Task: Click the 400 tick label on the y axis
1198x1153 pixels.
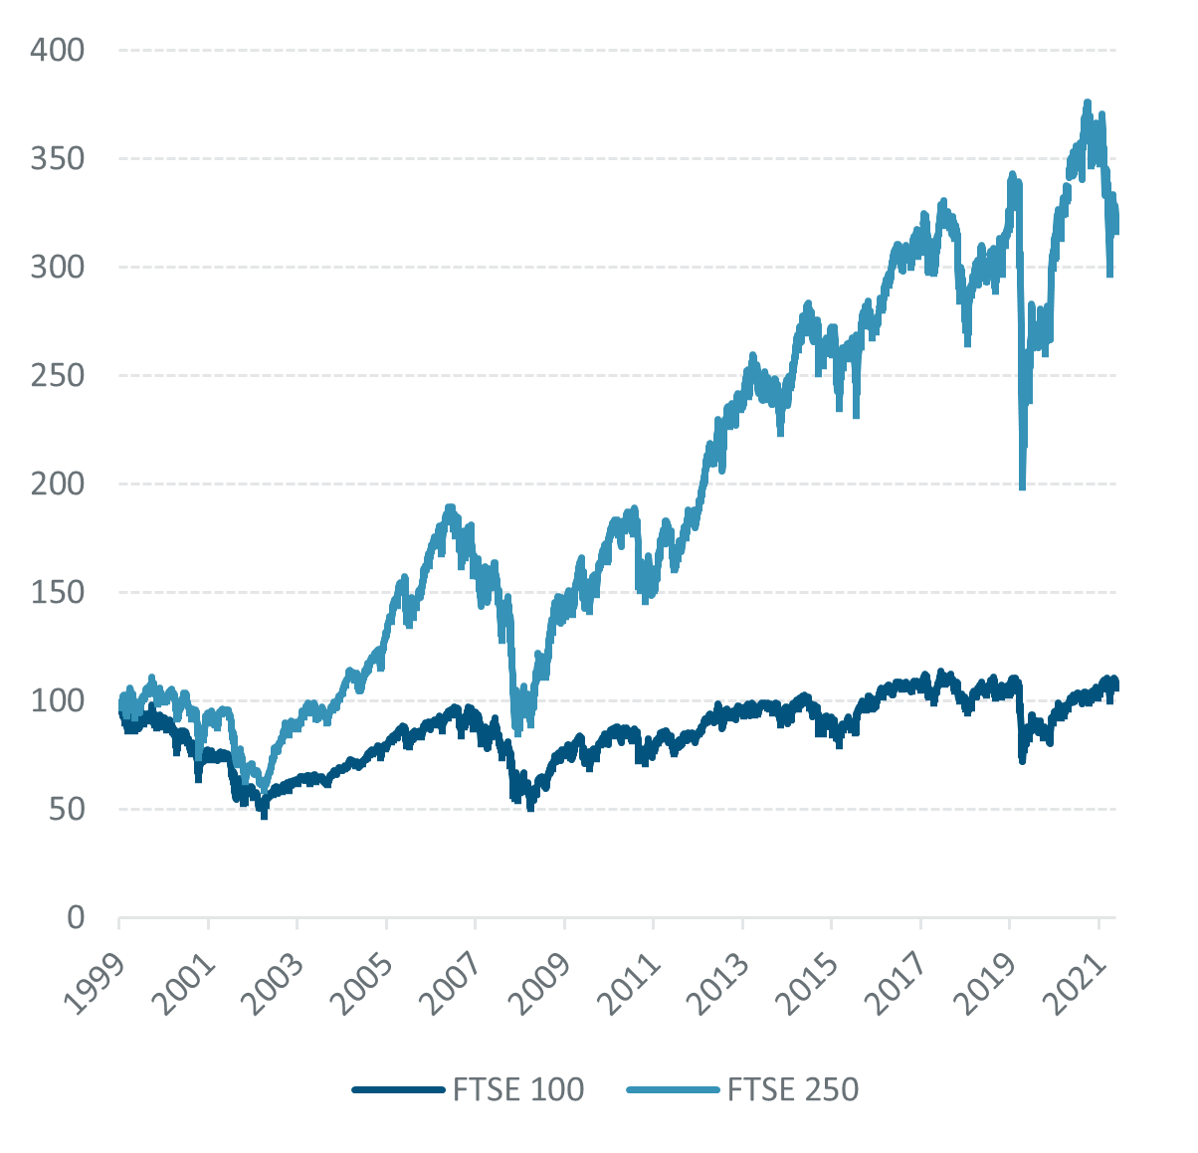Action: click(57, 50)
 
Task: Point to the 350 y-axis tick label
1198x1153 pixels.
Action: click(57, 158)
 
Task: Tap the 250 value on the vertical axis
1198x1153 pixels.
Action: click(57, 375)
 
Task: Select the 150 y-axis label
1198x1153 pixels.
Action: click(57, 592)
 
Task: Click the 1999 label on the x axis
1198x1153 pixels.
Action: click(96, 984)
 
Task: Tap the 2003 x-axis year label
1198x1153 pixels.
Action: click(274, 984)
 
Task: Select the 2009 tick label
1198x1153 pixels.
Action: click(541, 984)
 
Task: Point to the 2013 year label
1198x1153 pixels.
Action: click(719, 984)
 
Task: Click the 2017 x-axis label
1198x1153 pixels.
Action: click(898, 984)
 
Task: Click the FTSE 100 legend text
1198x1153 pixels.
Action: click(517, 1090)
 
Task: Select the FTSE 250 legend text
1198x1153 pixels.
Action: click(793, 1090)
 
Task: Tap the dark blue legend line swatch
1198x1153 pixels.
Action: click(397, 1090)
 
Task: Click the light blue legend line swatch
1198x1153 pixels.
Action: click(672, 1090)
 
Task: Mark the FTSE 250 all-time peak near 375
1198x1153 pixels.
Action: click(1087, 102)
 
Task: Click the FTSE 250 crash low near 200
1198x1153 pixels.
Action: click(1022, 486)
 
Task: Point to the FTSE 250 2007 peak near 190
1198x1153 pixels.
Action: click(450, 507)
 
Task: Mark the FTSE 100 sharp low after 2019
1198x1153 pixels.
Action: click(1022, 760)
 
